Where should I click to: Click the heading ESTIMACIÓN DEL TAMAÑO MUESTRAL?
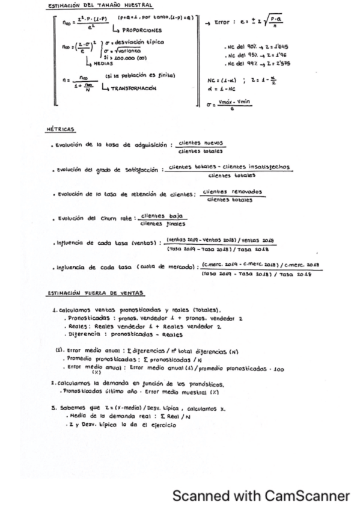click(x=99, y=6)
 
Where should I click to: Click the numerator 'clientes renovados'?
click(x=234, y=192)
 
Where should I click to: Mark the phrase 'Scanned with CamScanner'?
click(x=261, y=495)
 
